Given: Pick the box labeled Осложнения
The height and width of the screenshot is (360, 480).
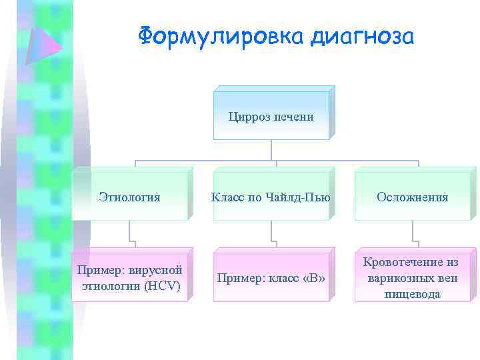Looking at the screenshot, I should pos(412,197).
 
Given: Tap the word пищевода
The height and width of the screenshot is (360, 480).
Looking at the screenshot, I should pos(412,294).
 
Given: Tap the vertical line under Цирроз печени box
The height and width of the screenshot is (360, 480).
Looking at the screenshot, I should pos(271,150).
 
